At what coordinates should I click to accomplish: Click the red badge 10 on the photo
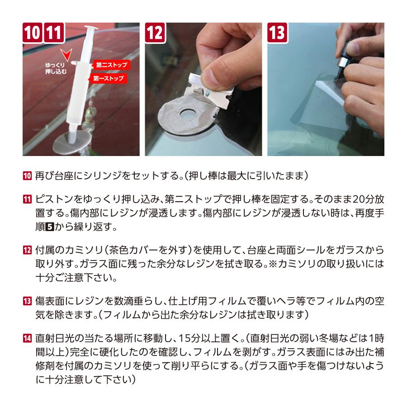pyautogui.click(x=33, y=33)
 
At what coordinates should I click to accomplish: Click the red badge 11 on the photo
pyautogui.click(x=54, y=33)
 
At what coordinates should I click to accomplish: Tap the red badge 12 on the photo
pyautogui.click(x=155, y=33)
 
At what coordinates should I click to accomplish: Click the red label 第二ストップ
pyautogui.click(x=112, y=65)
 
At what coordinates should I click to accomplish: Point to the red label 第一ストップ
pyautogui.click(x=109, y=78)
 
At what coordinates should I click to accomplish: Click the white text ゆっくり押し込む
pyautogui.click(x=56, y=68)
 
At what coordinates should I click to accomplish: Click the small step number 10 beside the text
pyautogui.click(x=27, y=176)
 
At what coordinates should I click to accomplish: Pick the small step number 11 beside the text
pyautogui.click(x=27, y=199)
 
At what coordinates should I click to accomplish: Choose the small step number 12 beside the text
pyautogui.click(x=27, y=250)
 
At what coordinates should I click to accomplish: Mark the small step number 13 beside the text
pyautogui.click(x=27, y=301)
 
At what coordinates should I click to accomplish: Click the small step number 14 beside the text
pyautogui.click(x=27, y=338)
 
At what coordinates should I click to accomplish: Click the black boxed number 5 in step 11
pyautogui.click(x=50, y=227)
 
